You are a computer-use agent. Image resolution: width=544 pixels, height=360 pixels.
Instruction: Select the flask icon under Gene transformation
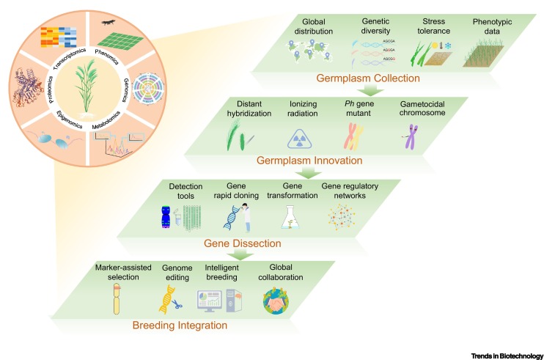[x=293, y=217]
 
